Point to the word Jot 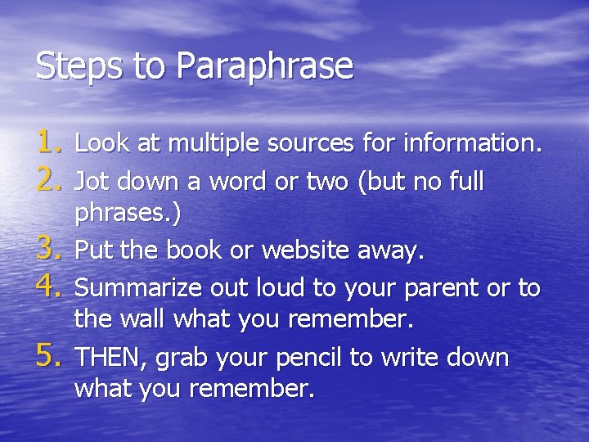click(x=92, y=180)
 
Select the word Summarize click(x=138, y=287)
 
